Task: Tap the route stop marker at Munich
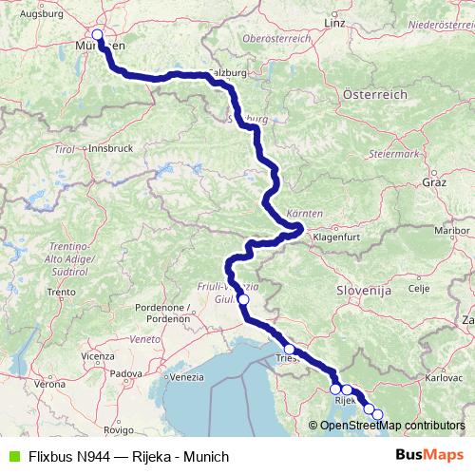(x=97, y=34)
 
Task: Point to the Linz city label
(x=333, y=22)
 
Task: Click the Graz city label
(x=435, y=180)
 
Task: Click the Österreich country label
(x=374, y=95)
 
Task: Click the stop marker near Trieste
(x=290, y=350)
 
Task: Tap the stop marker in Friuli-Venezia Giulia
(x=243, y=299)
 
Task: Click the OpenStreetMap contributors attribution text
(x=391, y=425)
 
